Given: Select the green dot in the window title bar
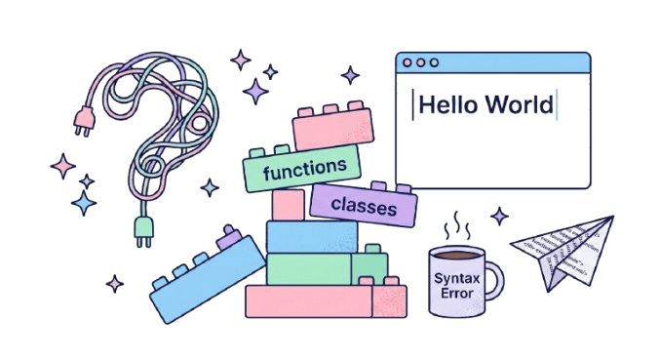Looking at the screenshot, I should click(436, 62).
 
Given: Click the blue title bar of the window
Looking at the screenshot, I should click(507, 62).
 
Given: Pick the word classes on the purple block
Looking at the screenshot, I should click(364, 206).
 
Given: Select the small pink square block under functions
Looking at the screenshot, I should click(289, 205).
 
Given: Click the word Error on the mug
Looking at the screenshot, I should click(455, 293).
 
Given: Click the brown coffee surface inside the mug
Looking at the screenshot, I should click(455, 255).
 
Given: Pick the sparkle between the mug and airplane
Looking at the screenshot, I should click(499, 217).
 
